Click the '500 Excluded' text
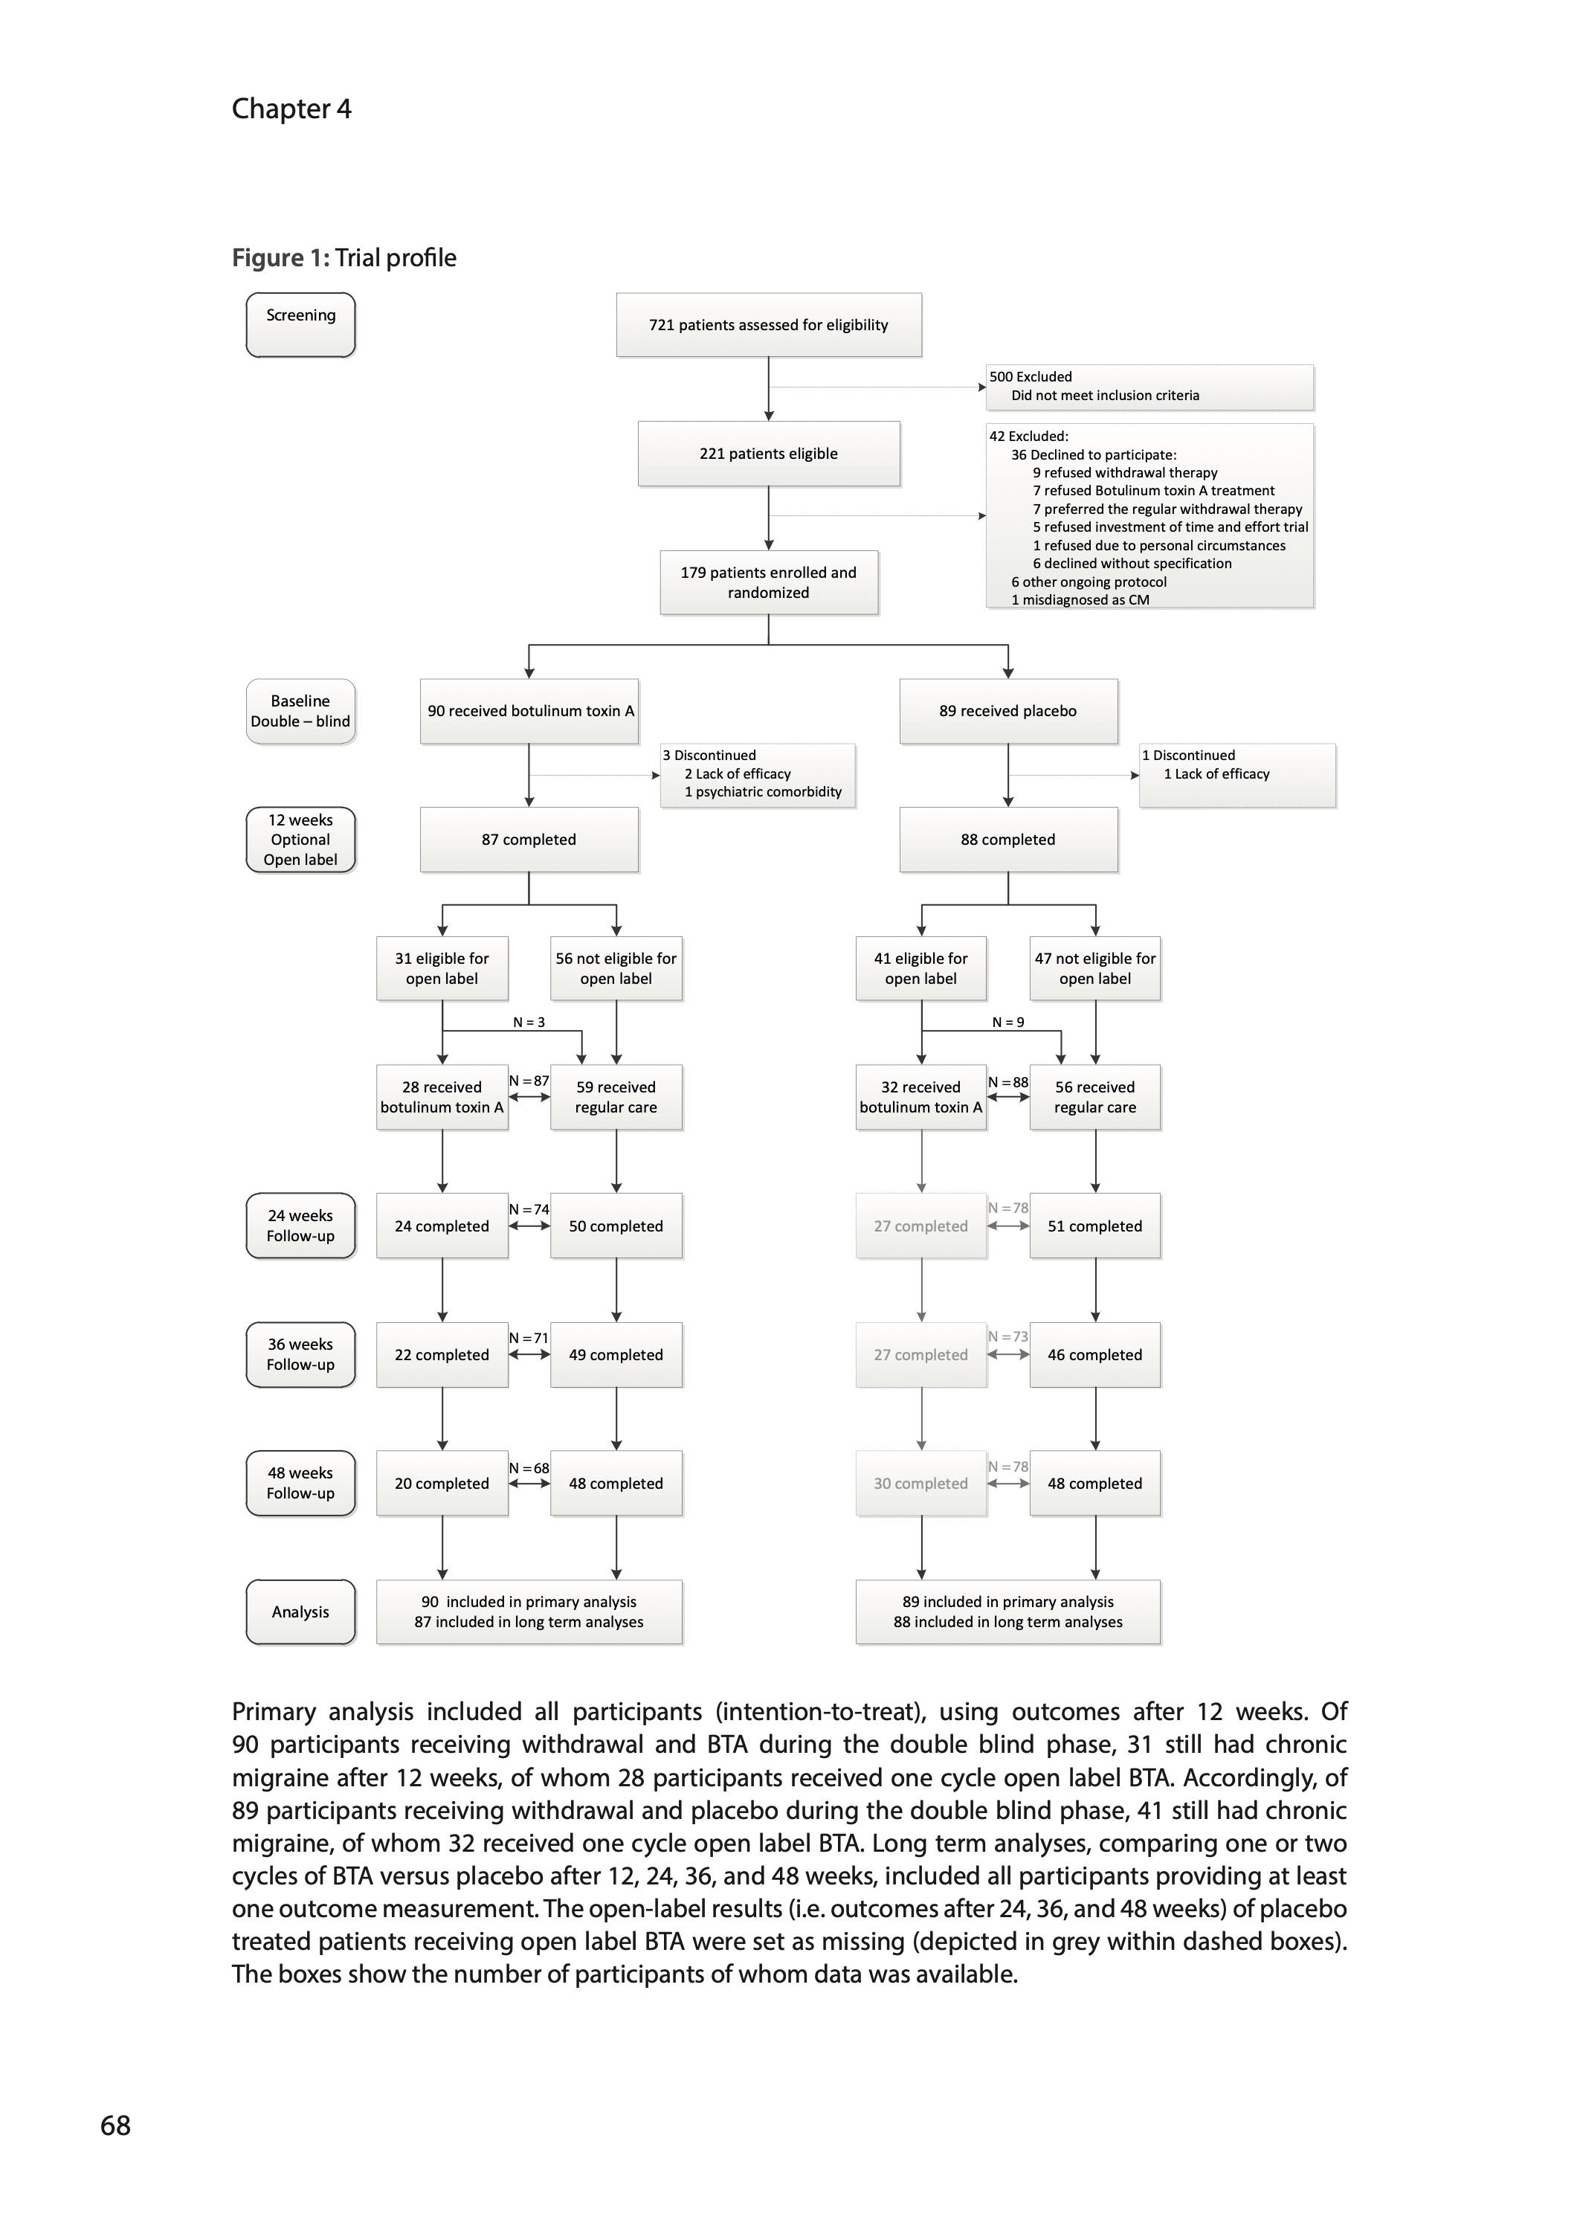tap(1031, 376)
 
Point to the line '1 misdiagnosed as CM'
tap(1080, 599)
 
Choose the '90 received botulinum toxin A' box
tap(529, 711)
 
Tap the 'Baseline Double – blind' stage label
tap(300, 711)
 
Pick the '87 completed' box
tap(529, 840)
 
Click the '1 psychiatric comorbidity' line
tap(763, 792)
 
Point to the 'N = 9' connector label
tap(1008, 1022)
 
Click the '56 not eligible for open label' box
tap(616, 968)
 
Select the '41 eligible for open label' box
tap(920, 968)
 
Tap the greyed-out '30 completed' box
tap(920, 1483)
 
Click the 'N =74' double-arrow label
tap(529, 1209)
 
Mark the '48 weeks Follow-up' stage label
tap(300, 1483)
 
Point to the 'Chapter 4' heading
tap(291, 109)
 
